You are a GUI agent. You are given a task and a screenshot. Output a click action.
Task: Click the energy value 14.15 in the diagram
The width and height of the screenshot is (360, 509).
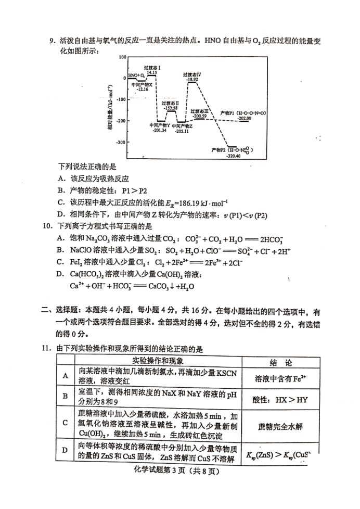pos(151,72)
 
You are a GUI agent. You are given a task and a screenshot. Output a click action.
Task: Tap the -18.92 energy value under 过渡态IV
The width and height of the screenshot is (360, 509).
pos(191,79)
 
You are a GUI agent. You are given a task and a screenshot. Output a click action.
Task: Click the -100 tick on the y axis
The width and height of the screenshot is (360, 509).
pos(122,99)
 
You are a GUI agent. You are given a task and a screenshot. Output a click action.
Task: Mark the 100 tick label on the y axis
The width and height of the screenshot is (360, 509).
pos(123,56)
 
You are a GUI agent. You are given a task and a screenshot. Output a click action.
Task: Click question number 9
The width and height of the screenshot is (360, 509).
pos(52,41)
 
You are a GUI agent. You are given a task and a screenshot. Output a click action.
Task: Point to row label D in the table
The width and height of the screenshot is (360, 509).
pos(65,450)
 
